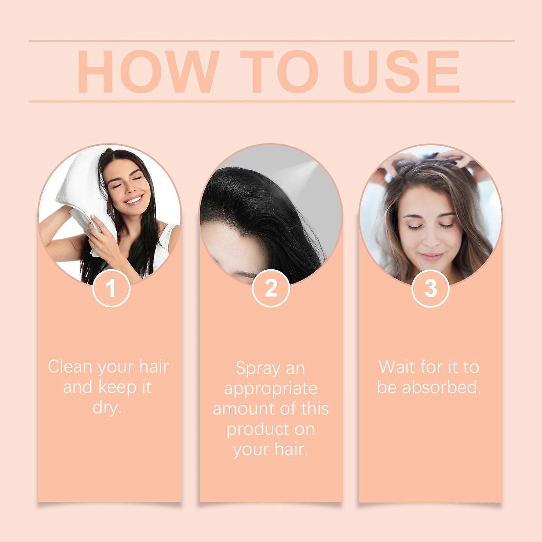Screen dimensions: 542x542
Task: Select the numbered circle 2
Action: pos(271,289)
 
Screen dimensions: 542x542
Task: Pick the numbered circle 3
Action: pos(430,289)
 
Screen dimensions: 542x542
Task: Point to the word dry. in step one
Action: pos(107,408)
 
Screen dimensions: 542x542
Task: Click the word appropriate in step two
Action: pos(270,388)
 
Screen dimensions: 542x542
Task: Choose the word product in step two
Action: pos(255,429)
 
